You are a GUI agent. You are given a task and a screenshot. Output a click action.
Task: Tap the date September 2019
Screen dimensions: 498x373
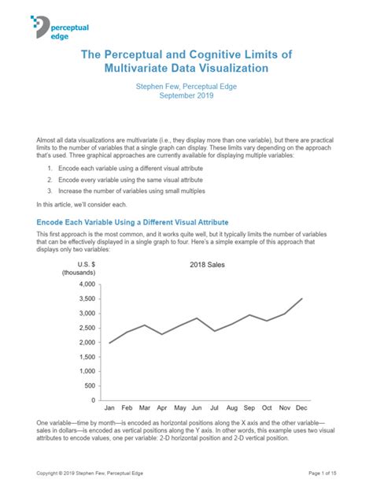(x=186, y=95)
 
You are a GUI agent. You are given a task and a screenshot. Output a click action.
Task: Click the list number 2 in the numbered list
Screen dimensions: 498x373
(x=49, y=180)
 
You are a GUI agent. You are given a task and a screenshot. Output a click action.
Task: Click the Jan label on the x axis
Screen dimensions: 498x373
(x=109, y=408)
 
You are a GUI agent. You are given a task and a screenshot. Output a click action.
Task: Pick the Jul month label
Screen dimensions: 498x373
(x=214, y=408)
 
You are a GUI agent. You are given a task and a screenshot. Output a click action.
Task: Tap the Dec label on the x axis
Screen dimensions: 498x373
(x=301, y=408)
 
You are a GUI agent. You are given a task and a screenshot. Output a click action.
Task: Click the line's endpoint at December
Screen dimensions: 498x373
(x=301, y=299)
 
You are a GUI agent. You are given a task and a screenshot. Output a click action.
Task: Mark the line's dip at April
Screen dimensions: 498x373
(x=162, y=334)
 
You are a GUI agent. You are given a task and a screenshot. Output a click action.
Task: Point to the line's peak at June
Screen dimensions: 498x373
(x=197, y=318)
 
